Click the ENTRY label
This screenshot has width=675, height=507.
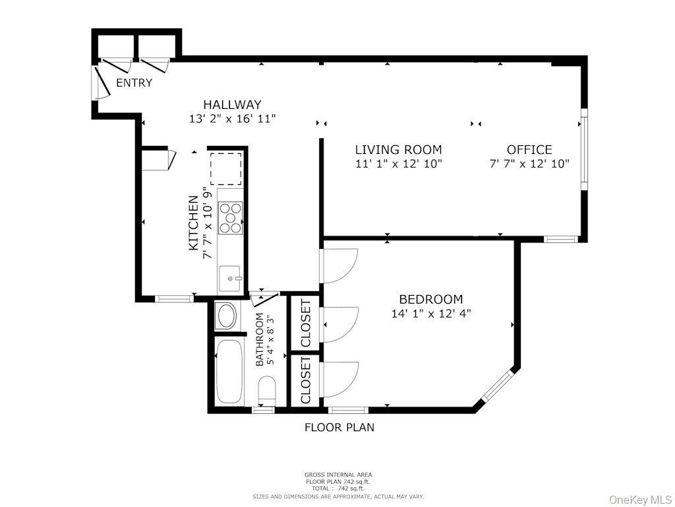point(134,83)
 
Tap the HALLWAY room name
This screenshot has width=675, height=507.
point(231,104)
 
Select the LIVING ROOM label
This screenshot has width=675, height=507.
point(398,150)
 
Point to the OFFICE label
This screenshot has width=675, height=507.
point(529,150)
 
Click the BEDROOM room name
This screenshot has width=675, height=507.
point(430,299)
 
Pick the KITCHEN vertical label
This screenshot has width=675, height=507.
point(194,222)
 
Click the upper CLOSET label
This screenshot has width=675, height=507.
point(306,323)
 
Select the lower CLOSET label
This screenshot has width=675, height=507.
point(306,380)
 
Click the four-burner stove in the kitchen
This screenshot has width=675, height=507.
point(231,218)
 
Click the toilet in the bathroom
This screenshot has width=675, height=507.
point(267,389)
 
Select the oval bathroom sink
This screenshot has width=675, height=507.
point(227,316)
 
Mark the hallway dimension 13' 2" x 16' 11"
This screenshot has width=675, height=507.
point(231,119)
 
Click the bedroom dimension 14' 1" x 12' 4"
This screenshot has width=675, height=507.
point(430,314)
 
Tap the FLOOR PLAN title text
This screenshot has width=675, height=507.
point(339,427)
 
